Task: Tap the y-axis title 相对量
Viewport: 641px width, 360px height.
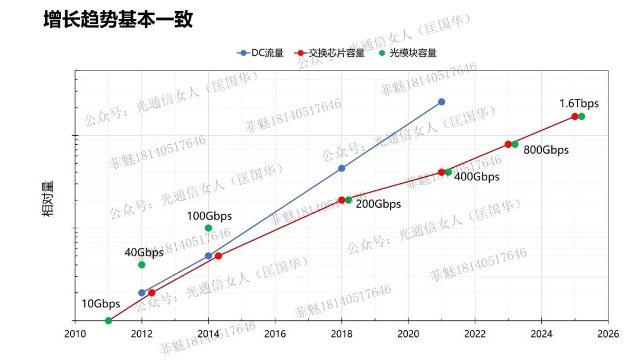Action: pos(48,200)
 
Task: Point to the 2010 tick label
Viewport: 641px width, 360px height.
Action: pos(75,334)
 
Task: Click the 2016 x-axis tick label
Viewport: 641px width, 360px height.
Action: pos(275,334)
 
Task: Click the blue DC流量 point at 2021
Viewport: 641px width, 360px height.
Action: pos(442,102)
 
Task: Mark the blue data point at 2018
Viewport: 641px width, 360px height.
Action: pos(342,168)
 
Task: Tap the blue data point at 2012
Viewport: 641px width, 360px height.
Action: pos(141,293)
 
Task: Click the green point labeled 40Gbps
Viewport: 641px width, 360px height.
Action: pos(141,265)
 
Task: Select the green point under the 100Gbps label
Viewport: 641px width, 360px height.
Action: pos(208,228)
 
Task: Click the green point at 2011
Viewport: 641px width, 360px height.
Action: pos(108,321)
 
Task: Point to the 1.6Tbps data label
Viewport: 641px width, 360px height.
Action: pos(579,103)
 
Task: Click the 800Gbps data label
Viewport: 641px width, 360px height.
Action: pos(546,150)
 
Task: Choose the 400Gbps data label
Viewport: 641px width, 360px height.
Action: pos(477,177)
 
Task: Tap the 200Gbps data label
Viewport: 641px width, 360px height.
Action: pos(378,205)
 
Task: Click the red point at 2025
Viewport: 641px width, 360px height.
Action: pos(575,116)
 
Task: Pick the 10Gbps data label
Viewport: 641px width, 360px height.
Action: pos(100,304)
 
